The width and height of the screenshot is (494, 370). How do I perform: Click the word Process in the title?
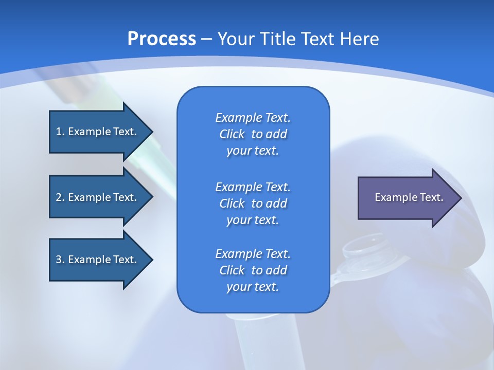pyautogui.click(x=162, y=39)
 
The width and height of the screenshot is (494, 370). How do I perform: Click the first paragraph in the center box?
pyautogui.click(x=253, y=134)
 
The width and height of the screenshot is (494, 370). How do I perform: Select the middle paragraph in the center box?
pyautogui.click(x=253, y=203)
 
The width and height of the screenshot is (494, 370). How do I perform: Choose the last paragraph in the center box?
pyautogui.click(x=253, y=270)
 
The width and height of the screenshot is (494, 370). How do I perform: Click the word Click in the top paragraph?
pyautogui.click(x=232, y=134)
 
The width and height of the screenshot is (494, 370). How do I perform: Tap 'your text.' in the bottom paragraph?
pyautogui.click(x=253, y=287)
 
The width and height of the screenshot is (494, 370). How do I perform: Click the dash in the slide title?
pyautogui.click(x=207, y=39)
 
